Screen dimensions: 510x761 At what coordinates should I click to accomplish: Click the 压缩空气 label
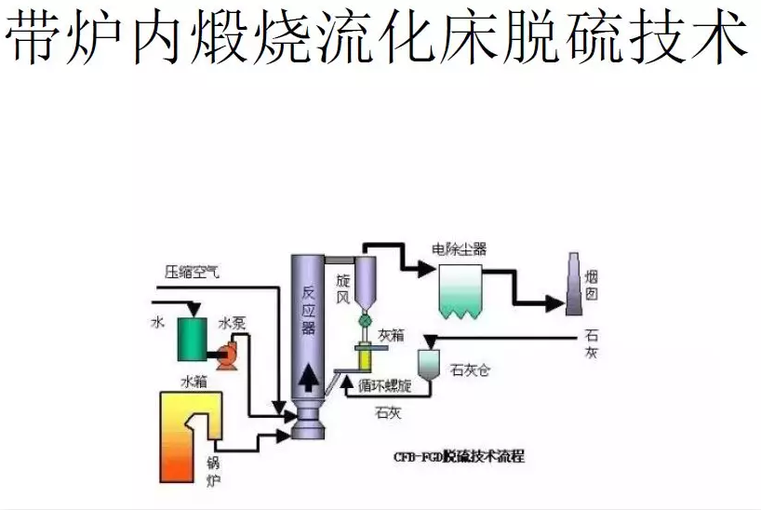tap(192, 272)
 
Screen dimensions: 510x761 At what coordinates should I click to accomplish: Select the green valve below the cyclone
tap(365, 320)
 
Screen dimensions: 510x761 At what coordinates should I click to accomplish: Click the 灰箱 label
tap(391, 334)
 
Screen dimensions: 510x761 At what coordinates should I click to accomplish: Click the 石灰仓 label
tap(470, 369)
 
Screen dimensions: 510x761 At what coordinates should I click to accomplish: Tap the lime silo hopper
tap(429, 363)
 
